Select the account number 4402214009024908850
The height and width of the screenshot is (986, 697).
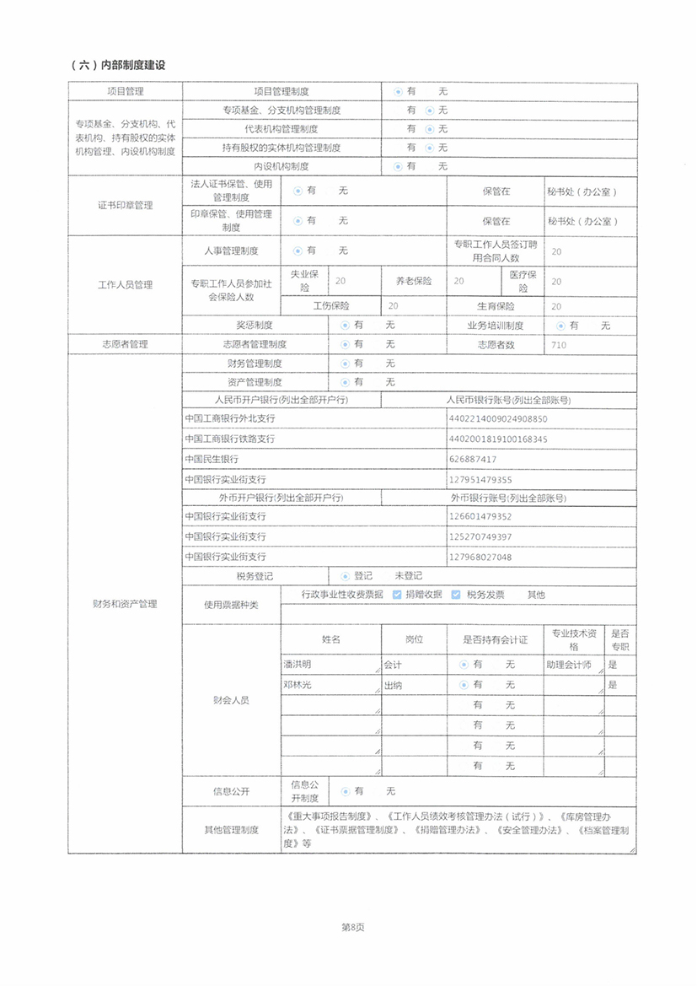pos(498,418)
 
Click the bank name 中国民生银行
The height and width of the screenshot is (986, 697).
pos(212,459)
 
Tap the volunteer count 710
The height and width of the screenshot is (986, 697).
pos(558,345)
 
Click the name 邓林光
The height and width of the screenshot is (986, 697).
pos(298,685)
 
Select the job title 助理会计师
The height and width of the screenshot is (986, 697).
pos(569,665)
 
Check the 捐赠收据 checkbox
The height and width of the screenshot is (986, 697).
pos(397,595)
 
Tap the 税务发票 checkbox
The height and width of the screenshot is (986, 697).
pos(456,595)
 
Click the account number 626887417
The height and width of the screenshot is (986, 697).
pos(474,459)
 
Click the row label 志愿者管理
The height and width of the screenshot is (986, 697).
pos(125,345)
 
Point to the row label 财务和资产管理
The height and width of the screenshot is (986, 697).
pos(125,604)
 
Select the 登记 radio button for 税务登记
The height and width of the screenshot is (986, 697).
pos(345,576)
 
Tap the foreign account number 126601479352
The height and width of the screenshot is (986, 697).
pos(481,516)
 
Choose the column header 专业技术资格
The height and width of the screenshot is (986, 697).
pos(574,639)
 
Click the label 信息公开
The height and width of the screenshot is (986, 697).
pos(231,792)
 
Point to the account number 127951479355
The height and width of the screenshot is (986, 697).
pos(481,479)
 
